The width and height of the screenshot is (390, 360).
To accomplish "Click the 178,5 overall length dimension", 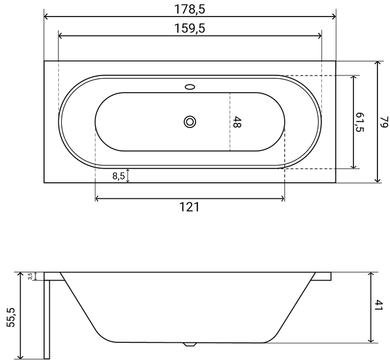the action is pos(190,10).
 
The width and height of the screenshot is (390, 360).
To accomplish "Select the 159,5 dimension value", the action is pos(190,29).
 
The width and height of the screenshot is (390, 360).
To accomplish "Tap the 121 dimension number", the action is pos(189,207).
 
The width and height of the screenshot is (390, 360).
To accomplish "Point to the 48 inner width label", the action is pos(237,122).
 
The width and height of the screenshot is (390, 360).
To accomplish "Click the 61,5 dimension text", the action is pos(360,122).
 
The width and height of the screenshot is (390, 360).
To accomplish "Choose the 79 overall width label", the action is pos(384,122).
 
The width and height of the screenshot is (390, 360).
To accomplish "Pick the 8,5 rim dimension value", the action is pos(118,176).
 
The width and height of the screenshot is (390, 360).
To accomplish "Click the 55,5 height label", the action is pos(11,317).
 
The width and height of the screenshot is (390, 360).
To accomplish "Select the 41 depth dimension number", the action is pos(379,305).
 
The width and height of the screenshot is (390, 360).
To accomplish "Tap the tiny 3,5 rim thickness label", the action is pos(30,276).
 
